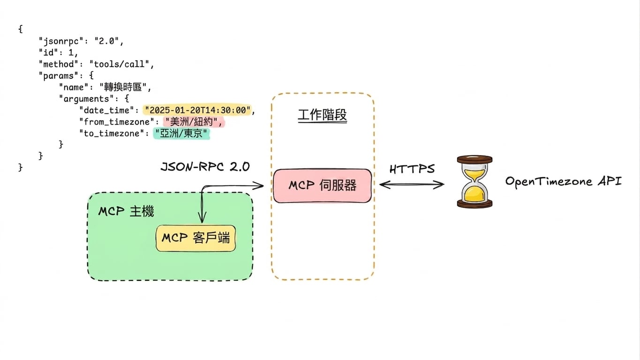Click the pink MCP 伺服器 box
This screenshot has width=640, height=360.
point(322,186)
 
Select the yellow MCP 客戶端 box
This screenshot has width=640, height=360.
point(196,238)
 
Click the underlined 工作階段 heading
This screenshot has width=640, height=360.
point(322,115)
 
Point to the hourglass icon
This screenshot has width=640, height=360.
point(474,181)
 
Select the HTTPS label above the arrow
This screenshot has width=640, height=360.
point(412,169)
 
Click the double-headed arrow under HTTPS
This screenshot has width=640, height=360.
point(412,185)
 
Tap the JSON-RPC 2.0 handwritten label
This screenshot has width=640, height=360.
point(205,166)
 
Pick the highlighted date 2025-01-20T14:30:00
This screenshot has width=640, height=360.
point(197,110)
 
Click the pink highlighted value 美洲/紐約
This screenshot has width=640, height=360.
point(194,122)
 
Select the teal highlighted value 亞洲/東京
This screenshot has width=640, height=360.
point(181,134)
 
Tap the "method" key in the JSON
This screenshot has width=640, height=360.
point(58,64)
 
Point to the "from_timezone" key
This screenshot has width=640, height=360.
point(117,122)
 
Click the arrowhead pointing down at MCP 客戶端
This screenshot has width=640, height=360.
point(202,218)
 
